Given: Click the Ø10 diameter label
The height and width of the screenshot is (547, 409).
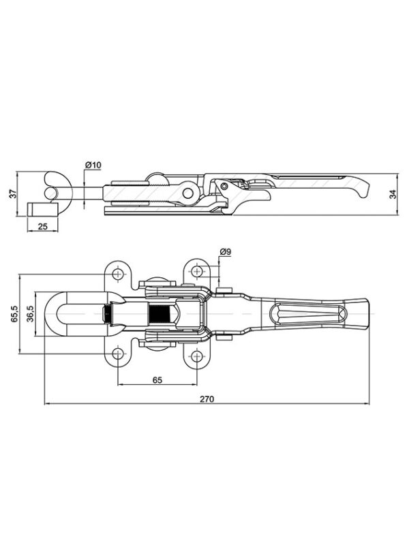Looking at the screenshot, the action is pos(93,165).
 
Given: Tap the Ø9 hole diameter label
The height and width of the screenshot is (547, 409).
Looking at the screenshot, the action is pos(226,251).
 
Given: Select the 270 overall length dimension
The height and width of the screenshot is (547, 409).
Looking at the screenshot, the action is pos(207,398).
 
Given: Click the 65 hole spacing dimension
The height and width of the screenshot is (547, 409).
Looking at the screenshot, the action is pos(157,380).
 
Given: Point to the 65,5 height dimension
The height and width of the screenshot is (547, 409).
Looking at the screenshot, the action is pos(15,313).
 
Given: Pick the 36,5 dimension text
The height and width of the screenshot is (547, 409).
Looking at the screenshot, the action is pos(30,313).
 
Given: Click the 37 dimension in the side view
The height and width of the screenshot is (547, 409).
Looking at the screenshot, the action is pos(12,194).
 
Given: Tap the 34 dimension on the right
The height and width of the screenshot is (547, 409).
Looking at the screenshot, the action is pos(393,194).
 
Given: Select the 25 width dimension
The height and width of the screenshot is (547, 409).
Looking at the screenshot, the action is pos(42,226).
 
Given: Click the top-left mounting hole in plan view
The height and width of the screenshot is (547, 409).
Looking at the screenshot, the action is pos(118,274).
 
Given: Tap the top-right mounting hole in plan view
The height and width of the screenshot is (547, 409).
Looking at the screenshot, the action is pos(197,271).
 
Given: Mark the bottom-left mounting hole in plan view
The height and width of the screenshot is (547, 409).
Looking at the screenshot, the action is pos(118,354).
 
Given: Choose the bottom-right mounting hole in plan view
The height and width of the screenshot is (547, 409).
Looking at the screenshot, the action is pos(197,356).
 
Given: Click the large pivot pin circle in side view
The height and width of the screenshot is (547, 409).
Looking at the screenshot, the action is pos(188,193).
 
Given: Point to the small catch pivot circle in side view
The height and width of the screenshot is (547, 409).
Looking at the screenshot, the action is pos(224,186).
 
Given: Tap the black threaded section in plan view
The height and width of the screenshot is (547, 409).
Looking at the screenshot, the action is pos(159,313).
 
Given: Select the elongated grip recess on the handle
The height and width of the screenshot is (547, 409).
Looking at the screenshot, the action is pos(308,313).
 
